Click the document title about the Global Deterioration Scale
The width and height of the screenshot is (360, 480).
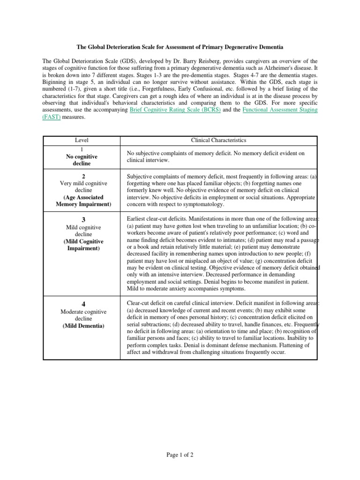click(x=180, y=47)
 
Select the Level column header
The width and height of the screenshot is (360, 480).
click(x=82, y=140)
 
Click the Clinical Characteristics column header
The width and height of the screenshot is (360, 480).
click(x=218, y=140)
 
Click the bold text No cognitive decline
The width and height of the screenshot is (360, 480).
click(x=82, y=160)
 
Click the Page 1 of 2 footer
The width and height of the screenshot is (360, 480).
click(x=180, y=455)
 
